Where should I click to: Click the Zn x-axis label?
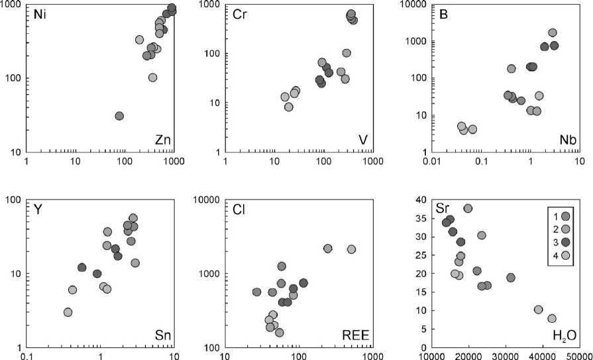pos(162,141)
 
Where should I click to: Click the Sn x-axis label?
pos(162,336)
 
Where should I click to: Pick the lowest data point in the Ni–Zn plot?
pos(119,116)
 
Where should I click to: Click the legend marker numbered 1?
pos(565,216)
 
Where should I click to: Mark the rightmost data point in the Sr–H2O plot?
pos(552,318)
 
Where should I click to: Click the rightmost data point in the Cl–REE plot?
pos(351,249)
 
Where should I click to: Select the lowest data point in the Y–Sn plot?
pos(68,312)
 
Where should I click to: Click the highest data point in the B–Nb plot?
pos(552,32)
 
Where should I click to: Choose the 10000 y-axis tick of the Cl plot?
pos(213,200)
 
